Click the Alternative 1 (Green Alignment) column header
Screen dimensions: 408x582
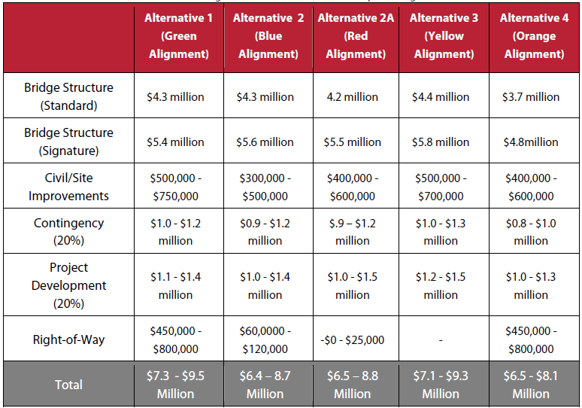[x=178, y=36]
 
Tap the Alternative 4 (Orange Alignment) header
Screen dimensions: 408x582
[x=534, y=36]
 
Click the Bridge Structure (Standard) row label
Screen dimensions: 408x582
[x=68, y=96]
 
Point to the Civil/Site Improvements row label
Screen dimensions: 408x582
[x=68, y=187]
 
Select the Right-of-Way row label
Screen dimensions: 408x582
[x=68, y=339]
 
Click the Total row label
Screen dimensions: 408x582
[x=68, y=385]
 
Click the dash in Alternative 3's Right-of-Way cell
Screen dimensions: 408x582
[x=441, y=340]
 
